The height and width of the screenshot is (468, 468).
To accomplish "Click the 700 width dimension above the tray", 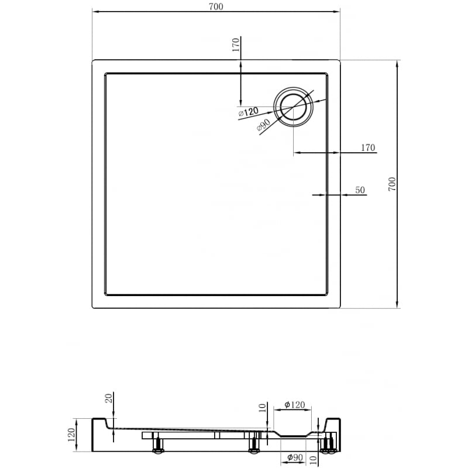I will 215,6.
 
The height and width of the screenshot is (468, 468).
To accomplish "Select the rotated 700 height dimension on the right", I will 392,184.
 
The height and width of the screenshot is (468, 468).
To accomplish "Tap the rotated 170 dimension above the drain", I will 236,46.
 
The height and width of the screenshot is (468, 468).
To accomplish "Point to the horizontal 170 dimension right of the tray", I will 367,147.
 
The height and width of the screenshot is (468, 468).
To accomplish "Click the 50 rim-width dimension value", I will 360,190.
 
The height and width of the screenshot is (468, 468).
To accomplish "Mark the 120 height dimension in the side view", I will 71,435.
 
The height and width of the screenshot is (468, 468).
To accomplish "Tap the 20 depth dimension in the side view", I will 108,400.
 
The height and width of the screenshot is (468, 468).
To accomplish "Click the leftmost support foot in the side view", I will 157,446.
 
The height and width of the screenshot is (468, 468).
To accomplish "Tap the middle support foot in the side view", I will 254,446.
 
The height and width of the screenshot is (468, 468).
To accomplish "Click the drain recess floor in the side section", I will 295,436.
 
